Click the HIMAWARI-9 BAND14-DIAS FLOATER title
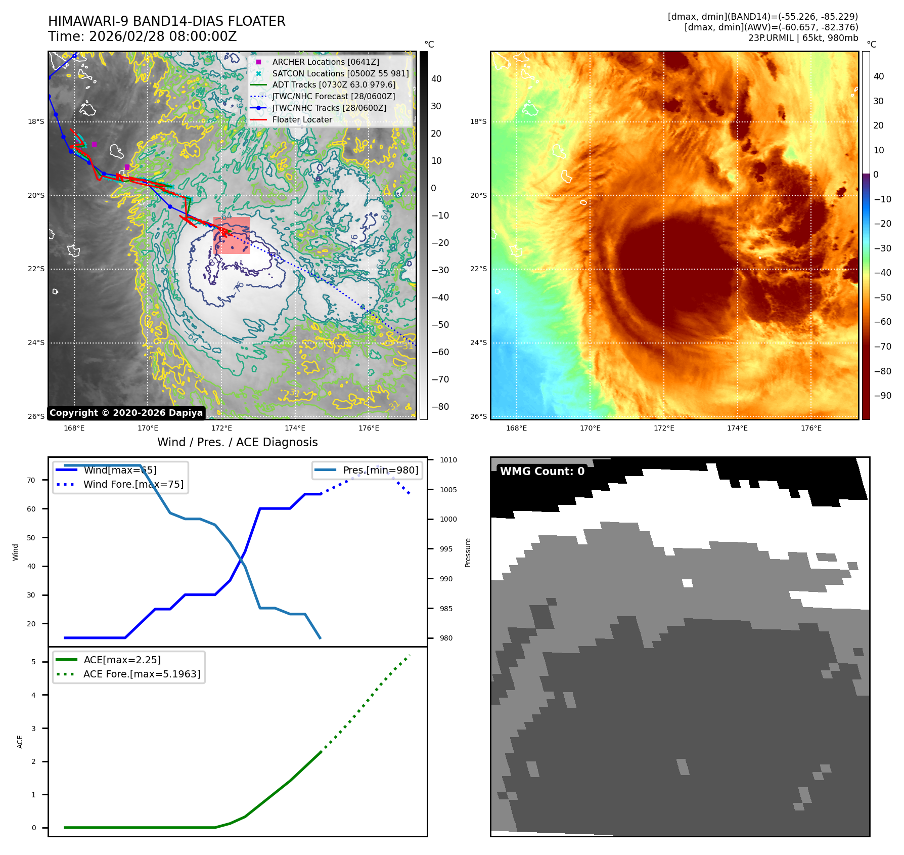(x=166, y=21)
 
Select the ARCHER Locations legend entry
(x=325, y=62)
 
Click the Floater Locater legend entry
(x=302, y=120)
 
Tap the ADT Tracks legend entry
(x=334, y=85)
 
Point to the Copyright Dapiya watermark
(x=126, y=413)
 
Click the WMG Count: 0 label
(x=542, y=472)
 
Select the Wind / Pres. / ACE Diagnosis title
(x=237, y=442)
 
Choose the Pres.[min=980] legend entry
(x=380, y=470)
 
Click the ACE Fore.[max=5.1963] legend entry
(x=142, y=674)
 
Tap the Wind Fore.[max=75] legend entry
(x=133, y=484)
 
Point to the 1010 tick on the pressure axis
(x=448, y=460)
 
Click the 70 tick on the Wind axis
(x=31, y=480)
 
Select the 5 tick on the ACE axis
(x=34, y=662)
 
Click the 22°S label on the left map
(x=36, y=269)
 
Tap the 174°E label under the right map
(x=737, y=428)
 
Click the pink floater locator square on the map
(x=232, y=235)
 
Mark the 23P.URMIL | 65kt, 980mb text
(x=803, y=38)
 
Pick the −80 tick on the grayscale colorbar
(x=440, y=407)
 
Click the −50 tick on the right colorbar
(x=883, y=297)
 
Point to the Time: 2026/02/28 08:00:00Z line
(x=142, y=36)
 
